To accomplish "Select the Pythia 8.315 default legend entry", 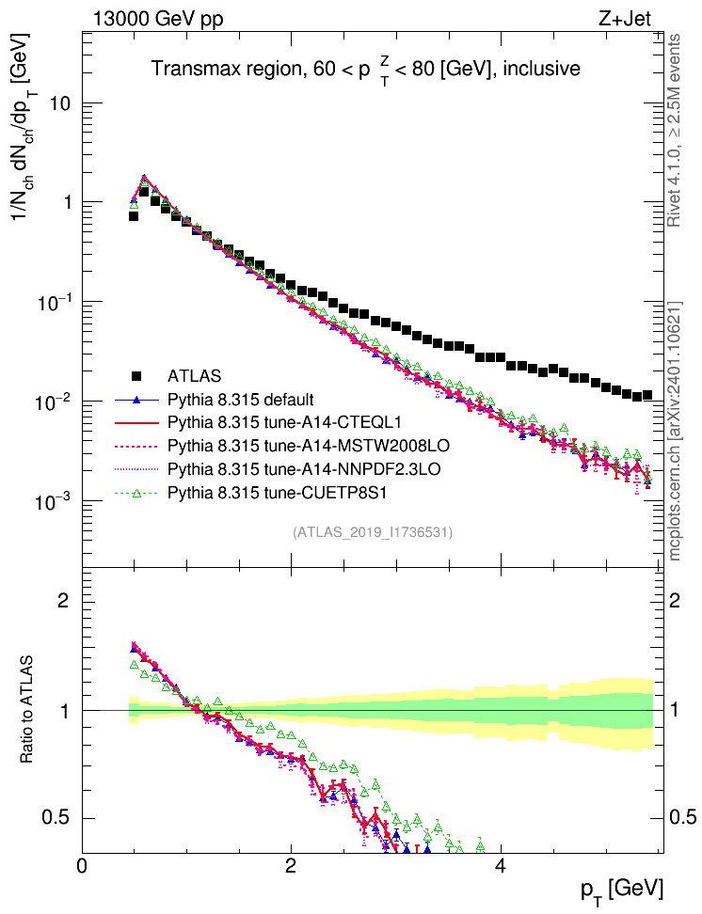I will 240,399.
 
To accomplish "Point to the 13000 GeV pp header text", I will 158,17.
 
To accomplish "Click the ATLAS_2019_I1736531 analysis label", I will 374,532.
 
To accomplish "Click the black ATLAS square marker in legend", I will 137,374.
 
